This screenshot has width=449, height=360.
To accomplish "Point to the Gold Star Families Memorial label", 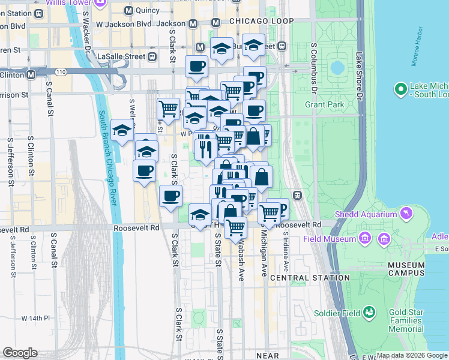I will pyautogui.click(x=406, y=320).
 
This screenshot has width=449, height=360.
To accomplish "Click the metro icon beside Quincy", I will pyautogui.click(x=128, y=10).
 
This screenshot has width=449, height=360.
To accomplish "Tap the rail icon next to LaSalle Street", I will pyautogui.click(x=152, y=56).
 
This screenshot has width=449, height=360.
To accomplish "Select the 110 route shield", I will pyautogui.click(x=61, y=71).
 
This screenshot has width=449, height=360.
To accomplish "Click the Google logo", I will pyautogui.click(x=20, y=353).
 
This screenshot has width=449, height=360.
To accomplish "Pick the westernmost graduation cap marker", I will pyautogui.click(x=122, y=130).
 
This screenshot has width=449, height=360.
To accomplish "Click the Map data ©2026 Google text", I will pyautogui.click(x=412, y=355).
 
